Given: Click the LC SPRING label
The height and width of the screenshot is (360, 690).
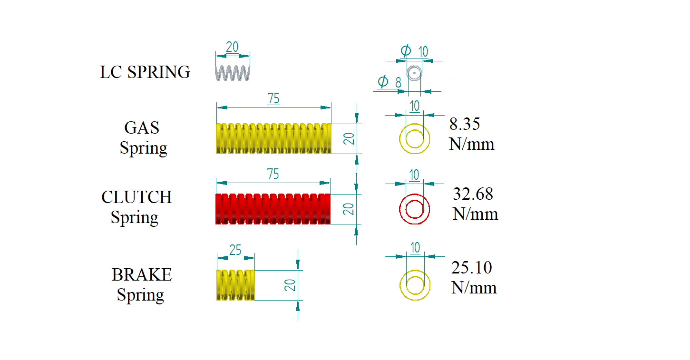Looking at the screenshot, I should pos(145,72).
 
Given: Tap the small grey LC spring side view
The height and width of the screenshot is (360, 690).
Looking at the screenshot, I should pos(232,73).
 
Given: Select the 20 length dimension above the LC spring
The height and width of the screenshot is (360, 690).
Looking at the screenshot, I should pos(232,47).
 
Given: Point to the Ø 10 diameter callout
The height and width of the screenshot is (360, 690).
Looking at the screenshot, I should pos(414,51).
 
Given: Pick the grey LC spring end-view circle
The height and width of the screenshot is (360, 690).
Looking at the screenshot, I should pos(414,73).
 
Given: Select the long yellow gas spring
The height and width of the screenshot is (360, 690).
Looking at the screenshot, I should pos(273,139).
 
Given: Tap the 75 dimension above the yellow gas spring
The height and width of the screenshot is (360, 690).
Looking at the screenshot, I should pos(273,99).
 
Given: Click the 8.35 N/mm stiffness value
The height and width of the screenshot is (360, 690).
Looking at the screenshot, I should pos(471,134).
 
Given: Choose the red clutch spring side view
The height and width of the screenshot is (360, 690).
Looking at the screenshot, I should pos(273,209).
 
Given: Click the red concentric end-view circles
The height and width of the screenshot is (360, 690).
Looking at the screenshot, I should pos(414,209).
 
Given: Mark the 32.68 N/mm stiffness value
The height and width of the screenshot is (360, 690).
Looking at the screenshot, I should pos(475,204).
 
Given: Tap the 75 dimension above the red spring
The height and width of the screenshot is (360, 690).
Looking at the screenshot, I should pos(273,174).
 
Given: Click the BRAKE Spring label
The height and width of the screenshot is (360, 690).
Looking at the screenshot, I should pos(141,284).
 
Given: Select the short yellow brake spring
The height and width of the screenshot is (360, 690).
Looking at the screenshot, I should pos(235,285).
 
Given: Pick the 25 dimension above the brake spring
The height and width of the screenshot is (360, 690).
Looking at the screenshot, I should pos(235,250).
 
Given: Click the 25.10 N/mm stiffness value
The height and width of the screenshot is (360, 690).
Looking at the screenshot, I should pos(473,277).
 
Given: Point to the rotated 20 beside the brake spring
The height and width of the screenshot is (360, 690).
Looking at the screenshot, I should pos(290,285).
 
